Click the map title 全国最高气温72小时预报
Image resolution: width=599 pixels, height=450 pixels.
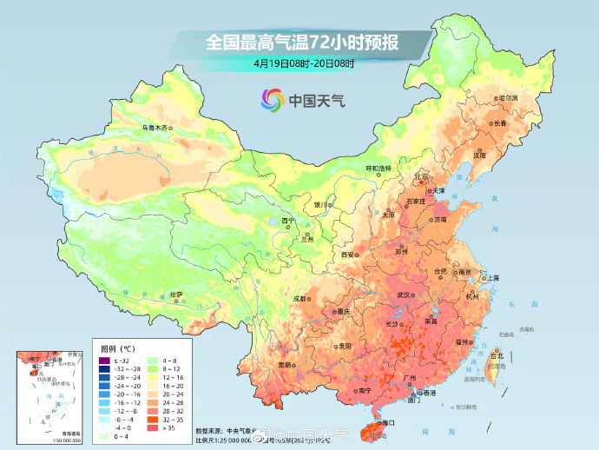coord(299,42)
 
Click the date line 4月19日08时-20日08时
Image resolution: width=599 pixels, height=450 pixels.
coord(299,63)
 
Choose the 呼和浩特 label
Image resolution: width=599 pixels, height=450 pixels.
coord(377,167)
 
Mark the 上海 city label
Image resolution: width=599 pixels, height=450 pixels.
coord(492,277)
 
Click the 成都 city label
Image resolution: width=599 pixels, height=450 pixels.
coord(299,298)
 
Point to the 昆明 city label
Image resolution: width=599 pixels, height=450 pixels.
coord(285,365)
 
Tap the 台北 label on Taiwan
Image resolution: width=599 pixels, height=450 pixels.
coord(497,356)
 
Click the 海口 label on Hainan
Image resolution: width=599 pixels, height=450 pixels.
coord(388,422)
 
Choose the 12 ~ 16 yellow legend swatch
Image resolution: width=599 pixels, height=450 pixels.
coord(152,377)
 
